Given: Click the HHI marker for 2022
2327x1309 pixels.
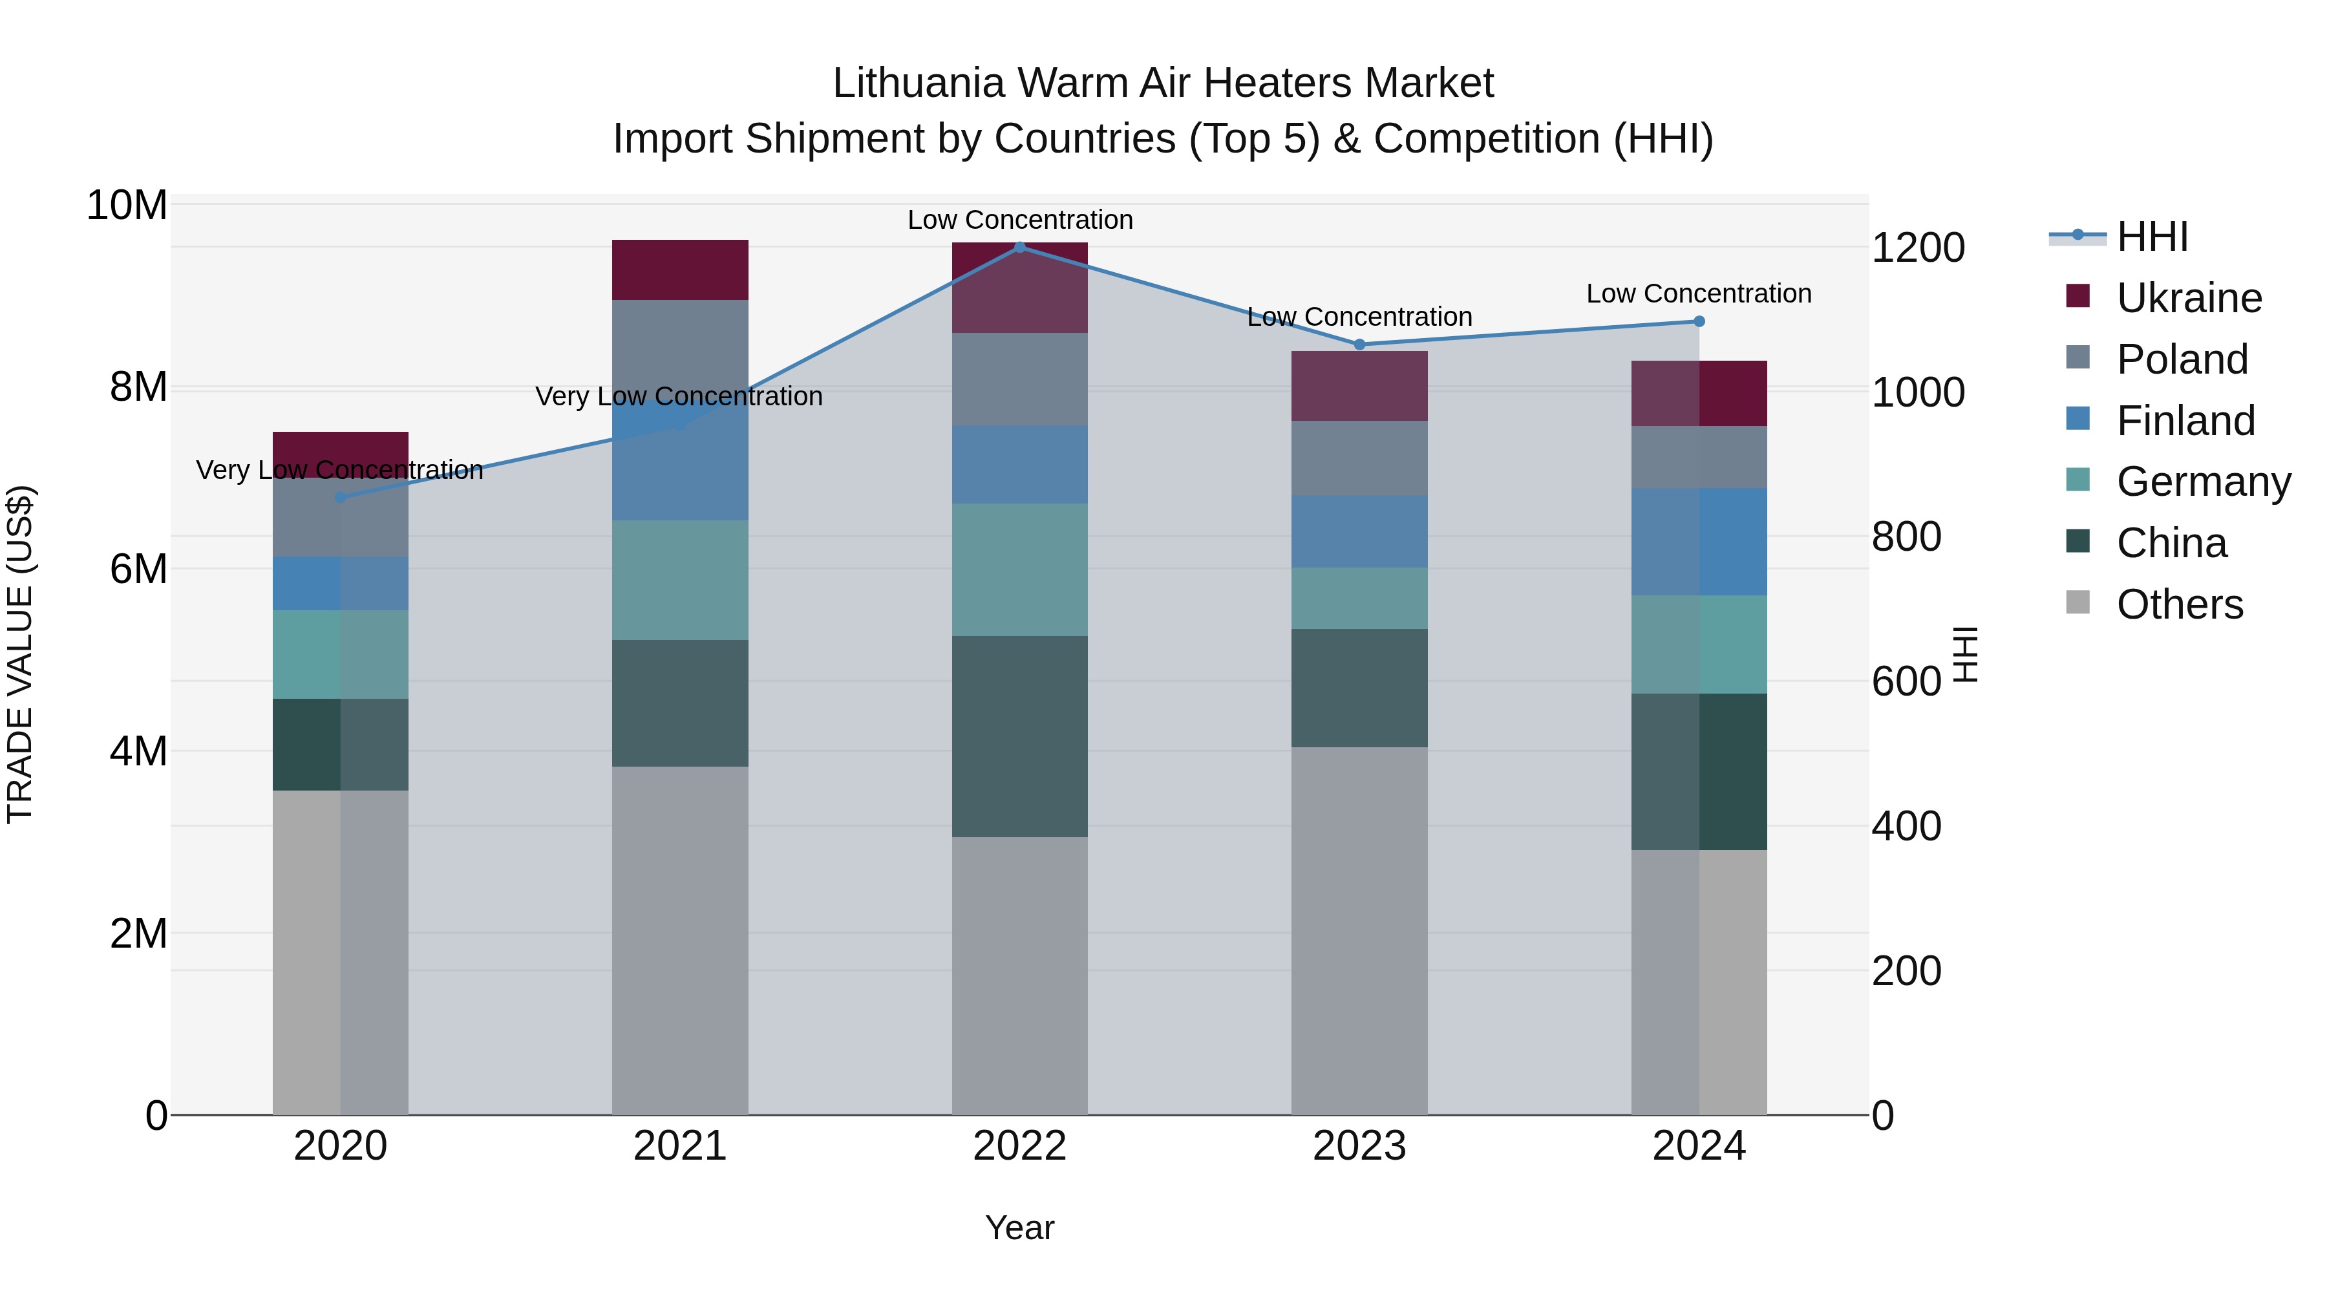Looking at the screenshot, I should pyautogui.click(x=1020, y=247).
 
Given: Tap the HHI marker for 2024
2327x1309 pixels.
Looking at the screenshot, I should pyautogui.click(x=1699, y=321).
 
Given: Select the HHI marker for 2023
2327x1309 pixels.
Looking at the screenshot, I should pyautogui.click(x=1359, y=344).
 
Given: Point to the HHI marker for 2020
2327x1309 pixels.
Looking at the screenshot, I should pyautogui.click(x=341, y=497).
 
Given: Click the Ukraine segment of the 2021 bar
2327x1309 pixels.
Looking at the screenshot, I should pyautogui.click(x=680, y=269).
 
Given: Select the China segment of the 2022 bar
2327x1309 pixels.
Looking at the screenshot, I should pyautogui.click(x=1020, y=736).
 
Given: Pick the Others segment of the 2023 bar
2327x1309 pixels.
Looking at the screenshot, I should pyautogui.click(x=1359, y=930).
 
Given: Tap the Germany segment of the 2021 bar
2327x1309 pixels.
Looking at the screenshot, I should pyautogui.click(x=680, y=580).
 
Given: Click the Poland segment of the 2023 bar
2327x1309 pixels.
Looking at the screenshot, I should pyautogui.click(x=1359, y=458).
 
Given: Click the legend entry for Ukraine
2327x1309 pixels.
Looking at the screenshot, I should pyautogui.click(x=2188, y=298).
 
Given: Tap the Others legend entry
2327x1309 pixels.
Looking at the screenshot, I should pyautogui.click(x=2179, y=604).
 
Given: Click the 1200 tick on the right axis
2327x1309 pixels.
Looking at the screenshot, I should pyautogui.click(x=1918, y=248).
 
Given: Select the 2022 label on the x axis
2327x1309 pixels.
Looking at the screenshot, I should pyautogui.click(x=1020, y=1146).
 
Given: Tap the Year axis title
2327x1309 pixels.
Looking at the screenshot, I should pyautogui.click(x=1020, y=1228).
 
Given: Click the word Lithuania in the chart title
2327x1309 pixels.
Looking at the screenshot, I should pyautogui.click(x=917, y=83).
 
